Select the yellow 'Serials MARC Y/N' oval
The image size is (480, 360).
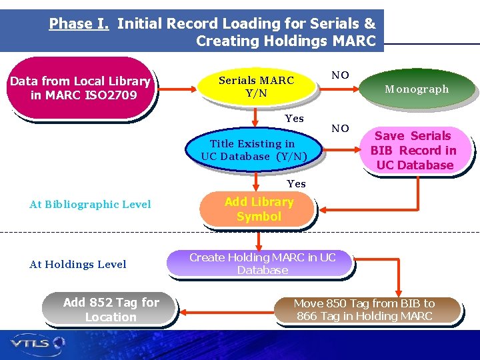(x=257, y=87)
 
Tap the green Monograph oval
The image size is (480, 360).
(x=417, y=89)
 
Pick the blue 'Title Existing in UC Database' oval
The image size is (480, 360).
(x=253, y=150)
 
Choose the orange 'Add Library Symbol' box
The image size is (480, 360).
(x=259, y=209)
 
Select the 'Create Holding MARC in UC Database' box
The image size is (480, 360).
(x=262, y=263)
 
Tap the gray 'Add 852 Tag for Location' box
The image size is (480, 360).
(x=111, y=309)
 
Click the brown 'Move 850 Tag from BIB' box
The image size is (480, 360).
(x=364, y=310)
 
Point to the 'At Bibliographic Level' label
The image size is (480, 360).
(x=91, y=205)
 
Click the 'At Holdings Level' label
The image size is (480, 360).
(x=78, y=265)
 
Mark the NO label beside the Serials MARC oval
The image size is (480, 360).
(x=340, y=75)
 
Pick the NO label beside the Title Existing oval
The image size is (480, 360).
(x=340, y=129)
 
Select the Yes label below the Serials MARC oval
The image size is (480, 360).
(x=294, y=119)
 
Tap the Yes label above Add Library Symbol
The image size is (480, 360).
(x=296, y=184)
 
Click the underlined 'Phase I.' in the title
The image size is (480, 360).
(x=79, y=24)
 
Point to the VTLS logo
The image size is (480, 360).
(x=37, y=343)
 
